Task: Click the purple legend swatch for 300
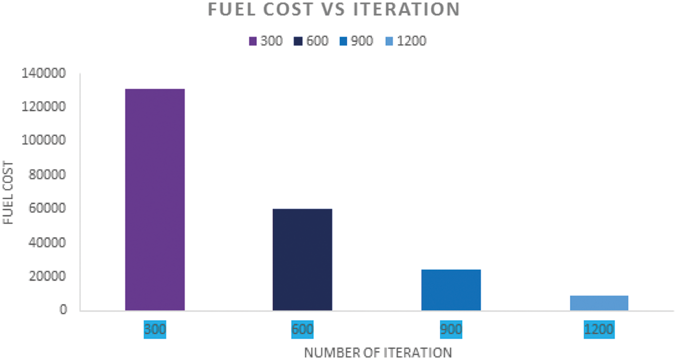tap(253, 41)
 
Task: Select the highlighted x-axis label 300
tap(154, 329)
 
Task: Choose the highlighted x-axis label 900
tap(450, 329)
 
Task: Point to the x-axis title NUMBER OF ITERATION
tap(378, 352)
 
